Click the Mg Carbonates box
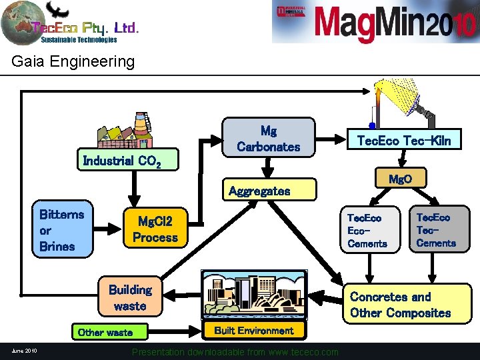(268, 139)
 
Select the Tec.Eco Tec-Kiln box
(404, 140)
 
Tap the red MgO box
(400, 179)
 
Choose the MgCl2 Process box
(155, 229)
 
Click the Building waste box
(130, 297)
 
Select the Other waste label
(105, 332)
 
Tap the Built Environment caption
(253, 331)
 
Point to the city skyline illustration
(254, 296)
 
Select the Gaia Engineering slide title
(73, 62)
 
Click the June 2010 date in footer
(24, 351)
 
